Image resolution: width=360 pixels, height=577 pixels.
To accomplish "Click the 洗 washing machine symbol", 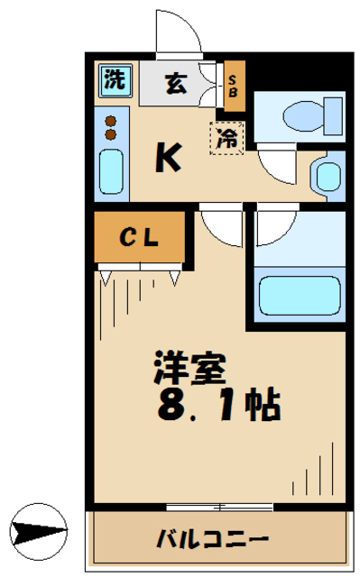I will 113,78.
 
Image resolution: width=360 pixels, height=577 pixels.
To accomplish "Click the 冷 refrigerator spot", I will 228,138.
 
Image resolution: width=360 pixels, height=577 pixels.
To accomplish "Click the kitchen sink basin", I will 111,172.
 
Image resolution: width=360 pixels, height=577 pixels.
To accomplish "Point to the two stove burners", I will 111,127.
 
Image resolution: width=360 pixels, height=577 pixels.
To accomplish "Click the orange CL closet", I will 140,238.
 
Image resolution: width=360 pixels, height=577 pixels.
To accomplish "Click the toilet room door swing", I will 275,162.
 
